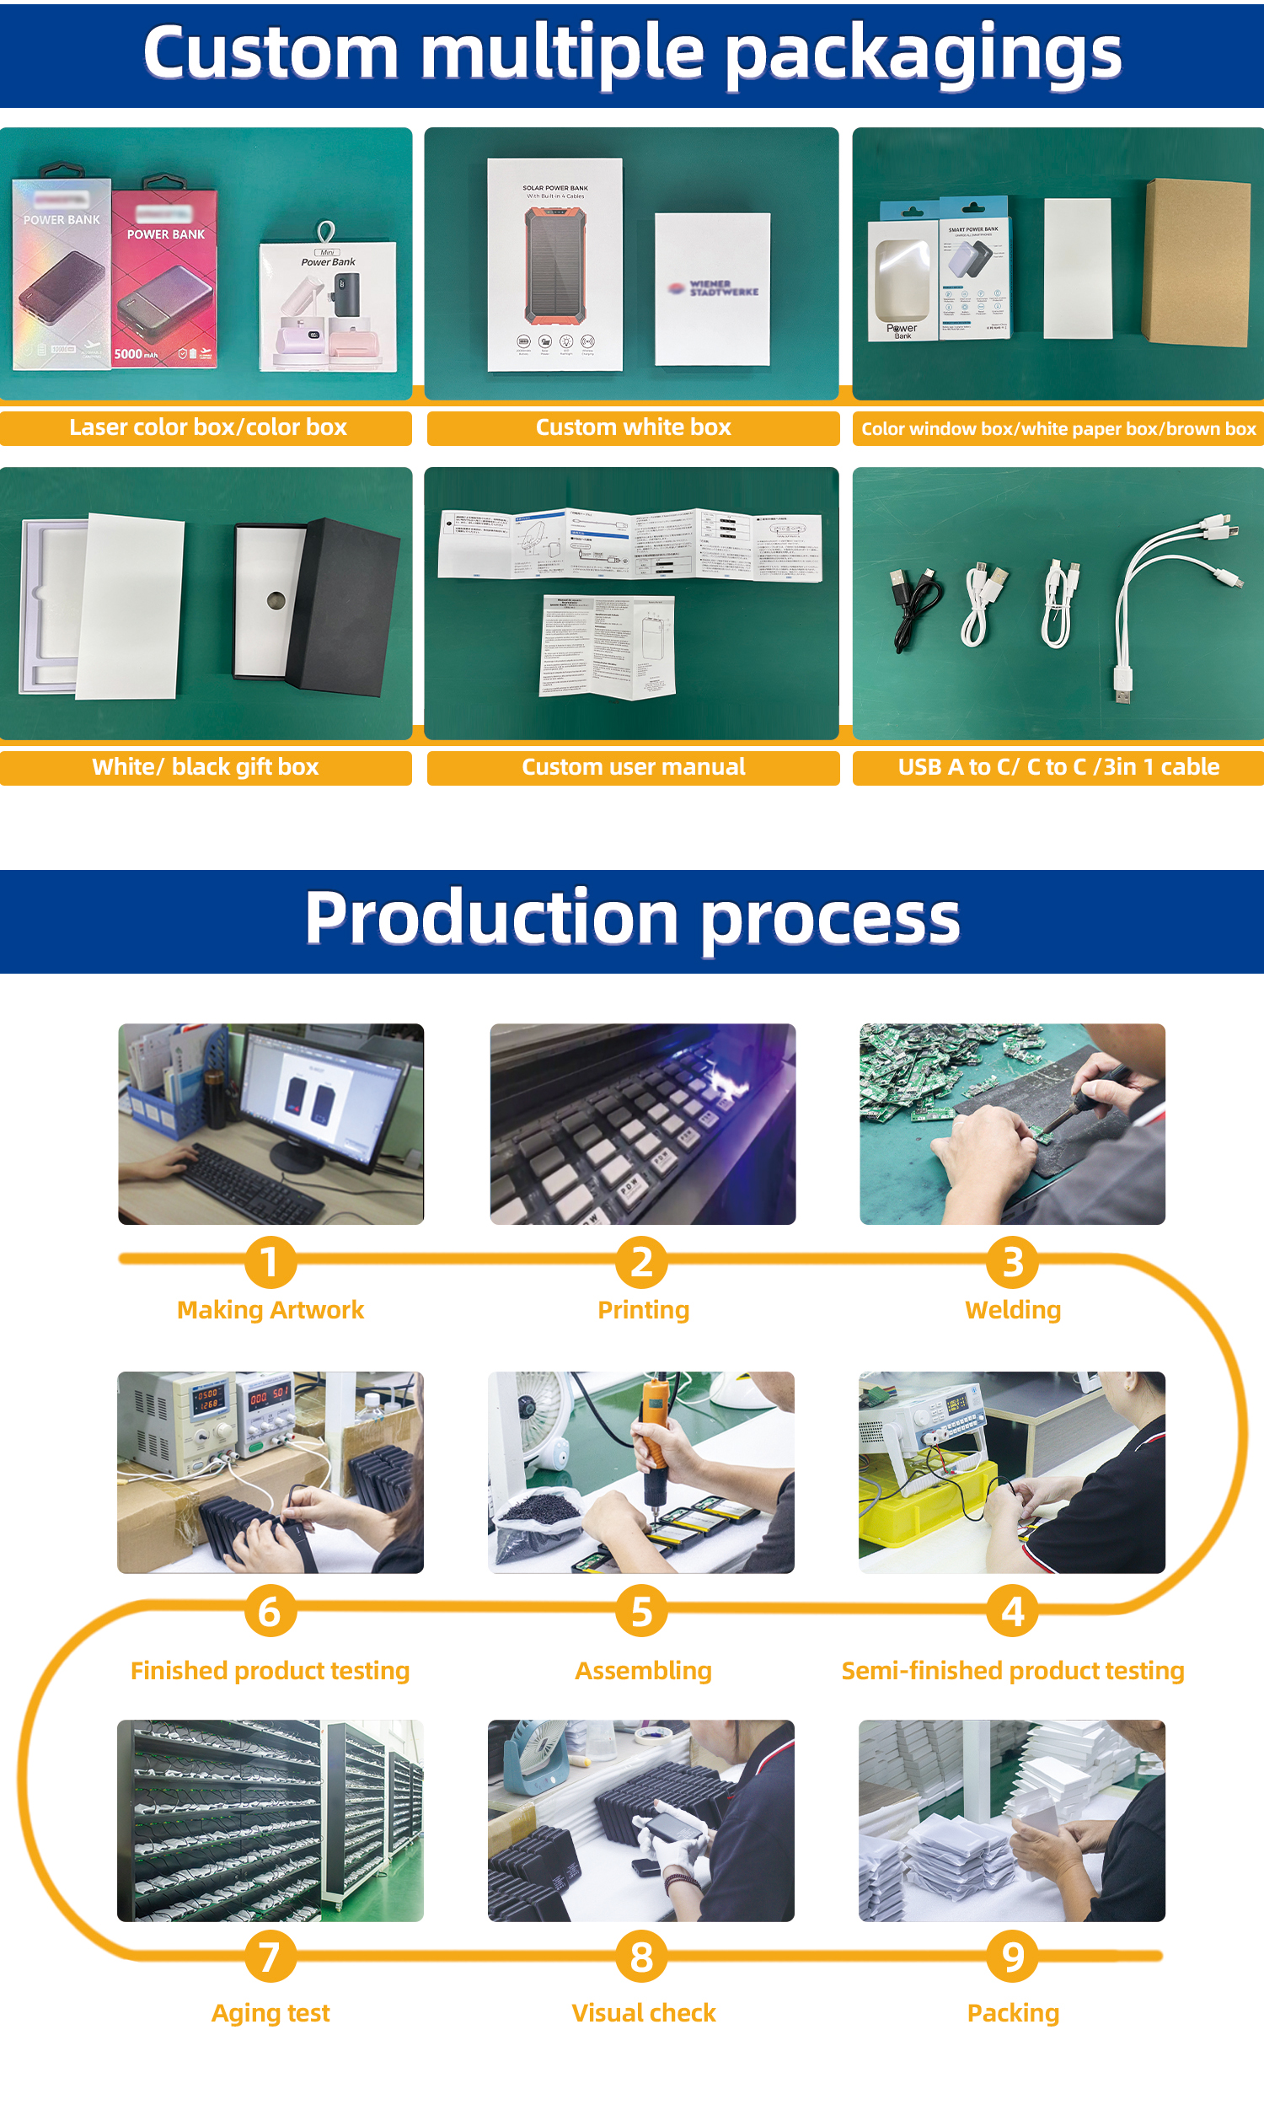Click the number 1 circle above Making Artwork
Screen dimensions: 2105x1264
tap(270, 1262)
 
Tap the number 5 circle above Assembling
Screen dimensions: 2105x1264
tap(641, 1611)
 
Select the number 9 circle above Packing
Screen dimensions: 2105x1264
tap(1012, 1956)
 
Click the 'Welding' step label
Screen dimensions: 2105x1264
tap(1012, 1309)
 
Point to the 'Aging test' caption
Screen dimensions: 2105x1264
tap(270, 2013)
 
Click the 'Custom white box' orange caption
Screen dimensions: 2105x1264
tap(633, 427)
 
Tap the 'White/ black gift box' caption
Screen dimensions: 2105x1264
tap(206, 766)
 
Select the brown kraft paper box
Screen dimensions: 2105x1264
tap(1197, 262)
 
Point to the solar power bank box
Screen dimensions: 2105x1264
tap(554, 264)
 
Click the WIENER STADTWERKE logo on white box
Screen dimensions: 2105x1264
tap(714, 289)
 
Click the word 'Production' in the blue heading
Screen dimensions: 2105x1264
tap(491, 918)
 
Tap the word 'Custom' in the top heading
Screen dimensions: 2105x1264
tap(270, 53)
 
